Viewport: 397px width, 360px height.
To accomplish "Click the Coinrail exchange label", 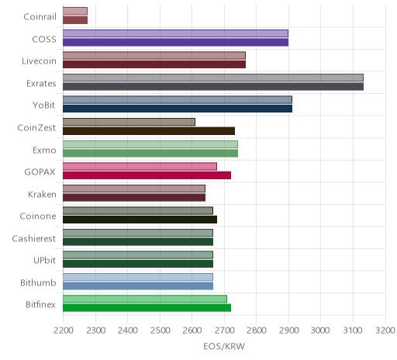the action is point(40,17).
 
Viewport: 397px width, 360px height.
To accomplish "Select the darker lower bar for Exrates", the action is point(213,87).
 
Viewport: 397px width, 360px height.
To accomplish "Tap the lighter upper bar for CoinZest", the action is point(129,122).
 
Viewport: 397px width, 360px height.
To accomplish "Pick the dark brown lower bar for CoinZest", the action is point(149,131).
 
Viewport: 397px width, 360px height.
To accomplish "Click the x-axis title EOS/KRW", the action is point(224,346).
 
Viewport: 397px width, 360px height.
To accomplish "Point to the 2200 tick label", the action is point(64,331).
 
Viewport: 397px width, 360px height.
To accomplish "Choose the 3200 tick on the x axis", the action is point(385,331).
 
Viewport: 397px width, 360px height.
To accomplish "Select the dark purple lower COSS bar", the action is point(176,43).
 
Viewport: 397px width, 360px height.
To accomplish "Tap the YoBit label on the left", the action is point(44,106).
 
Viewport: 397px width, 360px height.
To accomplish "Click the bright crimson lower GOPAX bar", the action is point(147,175).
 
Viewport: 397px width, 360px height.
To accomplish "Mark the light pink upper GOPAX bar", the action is point(140,167).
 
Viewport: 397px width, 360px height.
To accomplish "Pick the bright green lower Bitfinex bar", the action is point(147,308).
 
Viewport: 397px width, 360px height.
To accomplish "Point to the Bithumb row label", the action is point(38,282).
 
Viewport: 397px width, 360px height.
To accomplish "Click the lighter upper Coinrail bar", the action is point(75,11).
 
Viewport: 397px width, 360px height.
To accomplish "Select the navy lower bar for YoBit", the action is point(178,109).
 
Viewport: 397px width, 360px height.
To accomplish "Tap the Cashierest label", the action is point(34,238).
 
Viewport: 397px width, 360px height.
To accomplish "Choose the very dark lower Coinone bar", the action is point(140,220).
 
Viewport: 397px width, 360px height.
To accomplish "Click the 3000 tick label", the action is point(320,331).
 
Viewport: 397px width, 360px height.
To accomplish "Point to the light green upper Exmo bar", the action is point(150,144).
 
